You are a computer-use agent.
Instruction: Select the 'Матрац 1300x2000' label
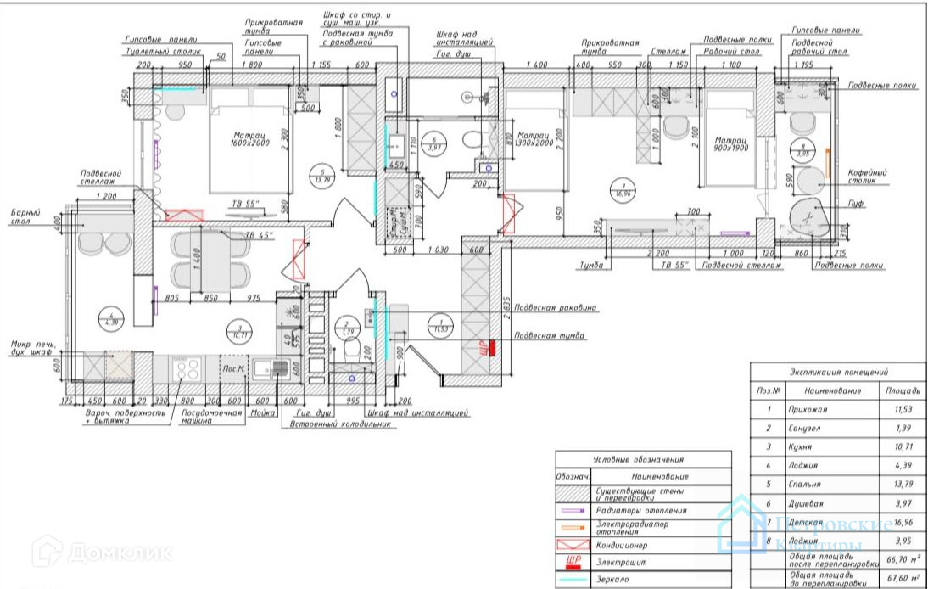pos(534,139)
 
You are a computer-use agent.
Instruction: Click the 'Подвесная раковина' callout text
pos(555,307)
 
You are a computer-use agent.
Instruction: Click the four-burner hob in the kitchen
pos(186,368)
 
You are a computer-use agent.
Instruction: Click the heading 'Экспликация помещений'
pos(838,372)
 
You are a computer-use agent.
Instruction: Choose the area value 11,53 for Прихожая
pos(903,409)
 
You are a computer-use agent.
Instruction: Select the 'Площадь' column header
pos(903,391)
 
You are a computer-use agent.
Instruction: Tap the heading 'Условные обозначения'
pos(642,458)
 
